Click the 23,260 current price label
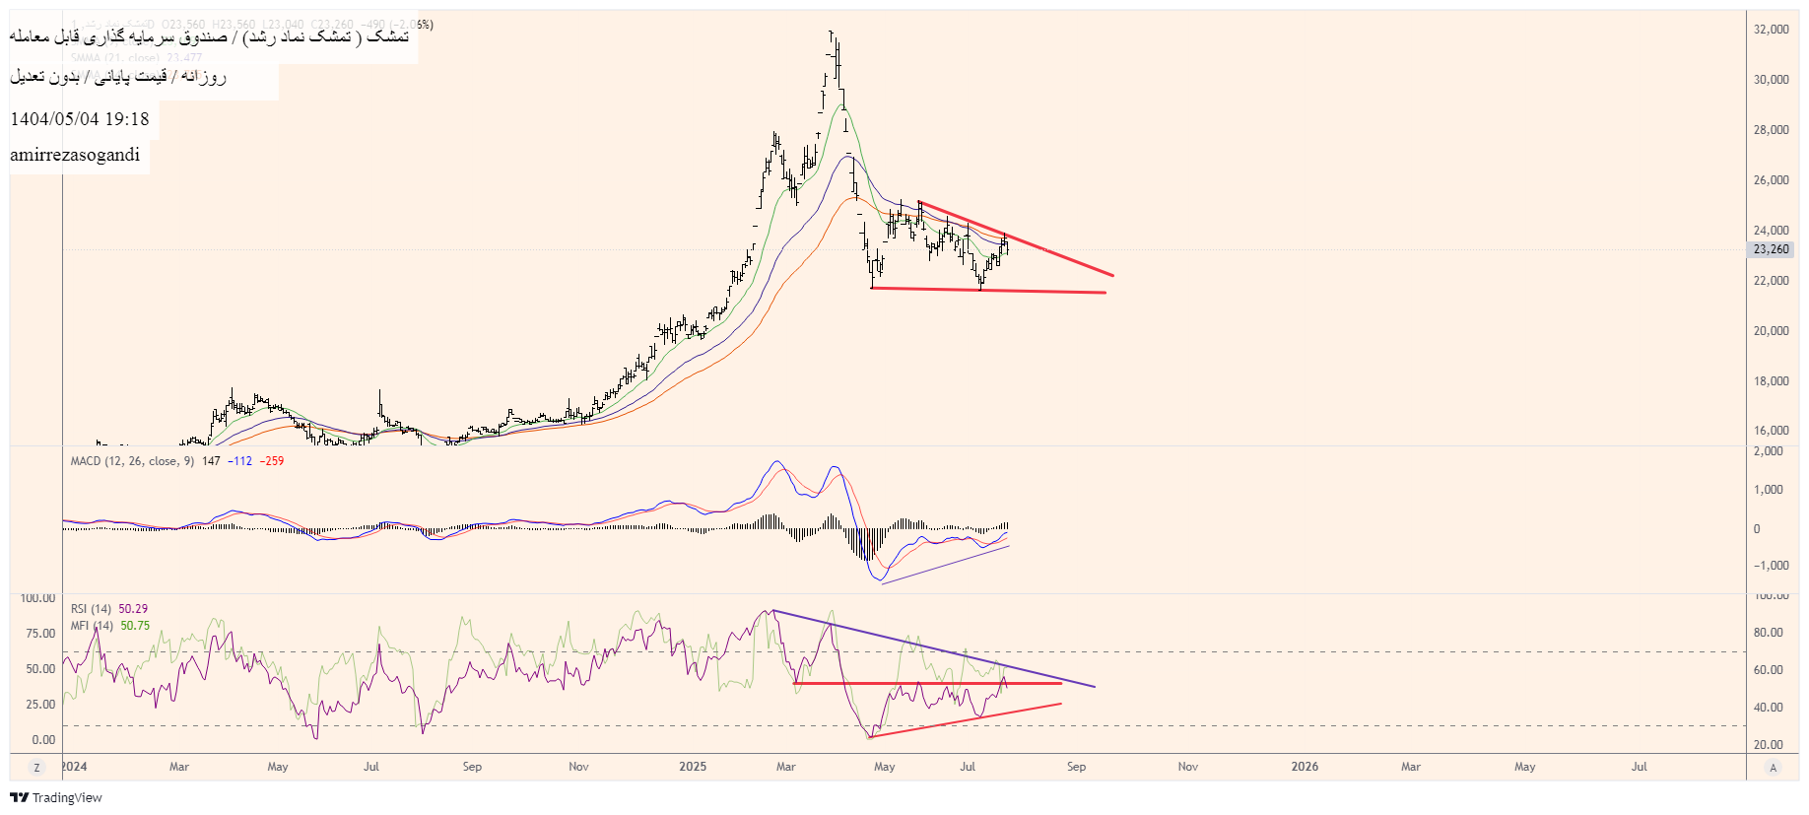[x=1771, y=249]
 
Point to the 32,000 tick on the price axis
[x=1771, y=30]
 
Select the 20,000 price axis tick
[x=1771, y=331]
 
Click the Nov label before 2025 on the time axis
[x=578, y=767]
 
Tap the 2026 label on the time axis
[x=1305, y=767]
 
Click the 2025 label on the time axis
[x=693, y=767]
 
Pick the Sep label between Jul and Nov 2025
[x=1076, y=767]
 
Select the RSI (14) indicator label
[x=91, y=609]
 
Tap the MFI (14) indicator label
[x=91, y=626]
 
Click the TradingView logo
[x=56, y=798]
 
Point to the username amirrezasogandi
[x=75, y=155]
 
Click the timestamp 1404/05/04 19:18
[x=80, y=119]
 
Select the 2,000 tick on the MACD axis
[x=1769, y=451]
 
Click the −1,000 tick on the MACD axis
[x=1769, y=566]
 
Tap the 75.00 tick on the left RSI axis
[x=40, y=634]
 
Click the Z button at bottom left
[x=36, y=768]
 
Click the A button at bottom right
[x=1773, y=768]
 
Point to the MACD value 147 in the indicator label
[x=211, y=461]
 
